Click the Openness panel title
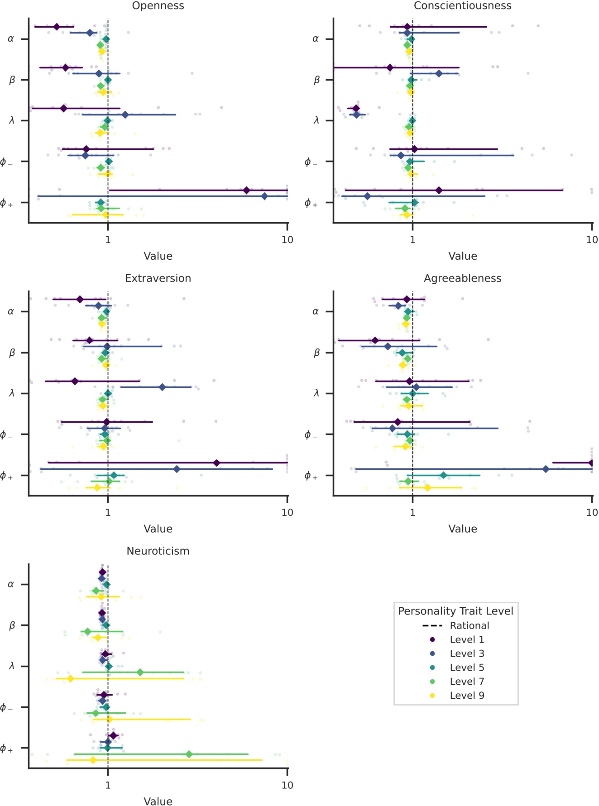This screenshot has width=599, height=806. pyautogui.click(x=158, y=6)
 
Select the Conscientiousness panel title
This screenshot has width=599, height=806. pyautogui.click(x=462, y=6)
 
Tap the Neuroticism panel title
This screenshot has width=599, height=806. pyautogui.click(x=158, y=551)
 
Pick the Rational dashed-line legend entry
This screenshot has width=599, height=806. pyautogui.click(x=469, y=626)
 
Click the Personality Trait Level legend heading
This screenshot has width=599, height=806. pyautogui.click(x=455, y=611)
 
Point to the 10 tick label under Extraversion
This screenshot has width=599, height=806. pyautogui.click(x=287, y=513)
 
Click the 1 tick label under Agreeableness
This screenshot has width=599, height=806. pyautogui.click(x=412, y=513)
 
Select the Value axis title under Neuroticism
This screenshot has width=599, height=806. pyautogui.click(x=158, y=801)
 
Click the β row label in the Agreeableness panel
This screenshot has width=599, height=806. pyautogui.click(x=316, y=353)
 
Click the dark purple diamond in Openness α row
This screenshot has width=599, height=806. pyautogui.click(x=57, y=27)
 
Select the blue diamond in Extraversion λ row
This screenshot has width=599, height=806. pyautogui.click(x=162, y=387)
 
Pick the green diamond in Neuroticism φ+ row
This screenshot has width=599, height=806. pyautogui.click(x=189, y=754)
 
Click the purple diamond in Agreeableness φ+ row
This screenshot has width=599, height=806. pyautogui.click(x=591, y=463)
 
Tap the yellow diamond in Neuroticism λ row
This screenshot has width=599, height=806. pyautogui.click(x=70, y=679)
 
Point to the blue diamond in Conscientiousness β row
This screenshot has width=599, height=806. pyautogui.click(x=439, y=74)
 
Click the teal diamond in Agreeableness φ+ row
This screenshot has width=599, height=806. pyautogui.click(x=443, y=476)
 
